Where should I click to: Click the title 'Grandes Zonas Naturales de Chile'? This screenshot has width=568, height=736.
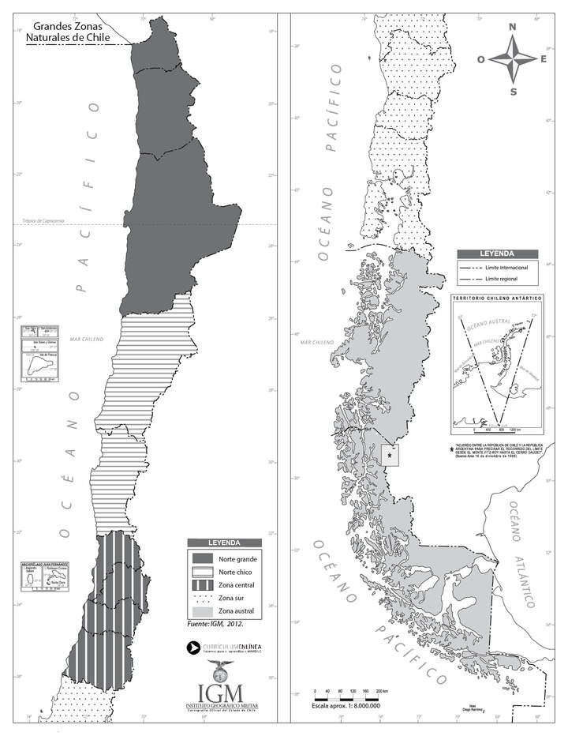tap(66, 31)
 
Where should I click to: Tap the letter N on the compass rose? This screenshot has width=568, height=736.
tap(512, 27)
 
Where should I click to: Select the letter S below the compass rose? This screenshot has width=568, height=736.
tap(513, 91)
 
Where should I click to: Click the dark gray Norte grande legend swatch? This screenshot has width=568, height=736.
tap(203, 559)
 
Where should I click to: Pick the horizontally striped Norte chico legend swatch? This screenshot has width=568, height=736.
tap(203, 572)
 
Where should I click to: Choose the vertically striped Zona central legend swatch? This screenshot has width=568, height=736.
tap(203, 585)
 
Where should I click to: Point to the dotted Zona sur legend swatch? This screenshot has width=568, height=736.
tap(203, 598)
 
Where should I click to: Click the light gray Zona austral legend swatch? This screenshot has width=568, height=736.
tap(203, 611)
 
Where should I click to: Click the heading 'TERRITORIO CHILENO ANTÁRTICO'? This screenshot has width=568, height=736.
tap(497, 299)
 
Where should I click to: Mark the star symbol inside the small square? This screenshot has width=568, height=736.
tap(390, 453)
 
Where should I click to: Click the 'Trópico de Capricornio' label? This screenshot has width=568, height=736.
tap(44, 221)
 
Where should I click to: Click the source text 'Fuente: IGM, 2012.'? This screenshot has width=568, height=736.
tap(217, 624)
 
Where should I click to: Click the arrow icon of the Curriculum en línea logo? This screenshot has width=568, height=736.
tap(192, 648)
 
